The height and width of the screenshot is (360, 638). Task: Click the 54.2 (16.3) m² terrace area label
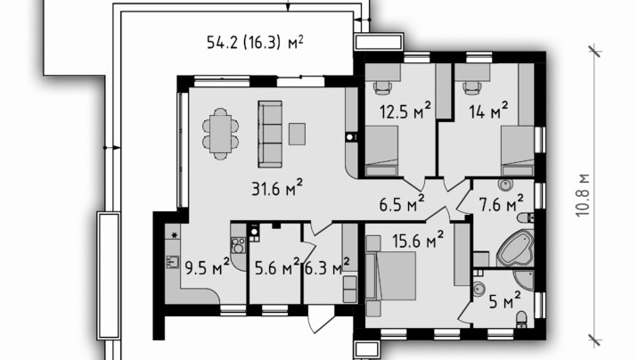pos(255,42)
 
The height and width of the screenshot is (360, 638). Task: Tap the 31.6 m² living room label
pos(277,188)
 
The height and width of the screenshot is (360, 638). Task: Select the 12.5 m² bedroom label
pos(405,110)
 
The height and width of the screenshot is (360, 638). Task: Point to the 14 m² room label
pos(488,110)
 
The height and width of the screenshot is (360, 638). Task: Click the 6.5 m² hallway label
pos(402,203)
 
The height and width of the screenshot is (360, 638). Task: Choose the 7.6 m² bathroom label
pos(502,203)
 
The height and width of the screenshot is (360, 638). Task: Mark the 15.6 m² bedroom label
pos(418,240)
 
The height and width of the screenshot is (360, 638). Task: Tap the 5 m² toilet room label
pos(504,301)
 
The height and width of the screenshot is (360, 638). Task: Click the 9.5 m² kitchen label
pos(207,267)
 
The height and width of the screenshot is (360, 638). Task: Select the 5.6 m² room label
pos(277,267)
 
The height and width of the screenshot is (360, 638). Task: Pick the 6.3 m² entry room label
pos(327,267)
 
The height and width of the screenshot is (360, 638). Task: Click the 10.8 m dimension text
pos(583,195)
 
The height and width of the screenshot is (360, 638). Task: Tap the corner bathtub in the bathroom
pos(515,248)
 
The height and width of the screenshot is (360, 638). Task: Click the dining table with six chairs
pos(220,134)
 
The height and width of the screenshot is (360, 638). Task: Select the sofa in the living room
pos(270,135)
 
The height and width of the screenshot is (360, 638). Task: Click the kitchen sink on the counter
pos(173,262)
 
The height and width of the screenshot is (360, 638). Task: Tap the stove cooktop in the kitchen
pos(238,245)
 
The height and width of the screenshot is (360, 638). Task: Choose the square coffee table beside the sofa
pos(297,134)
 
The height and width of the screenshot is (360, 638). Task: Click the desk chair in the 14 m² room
pos(472,88)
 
